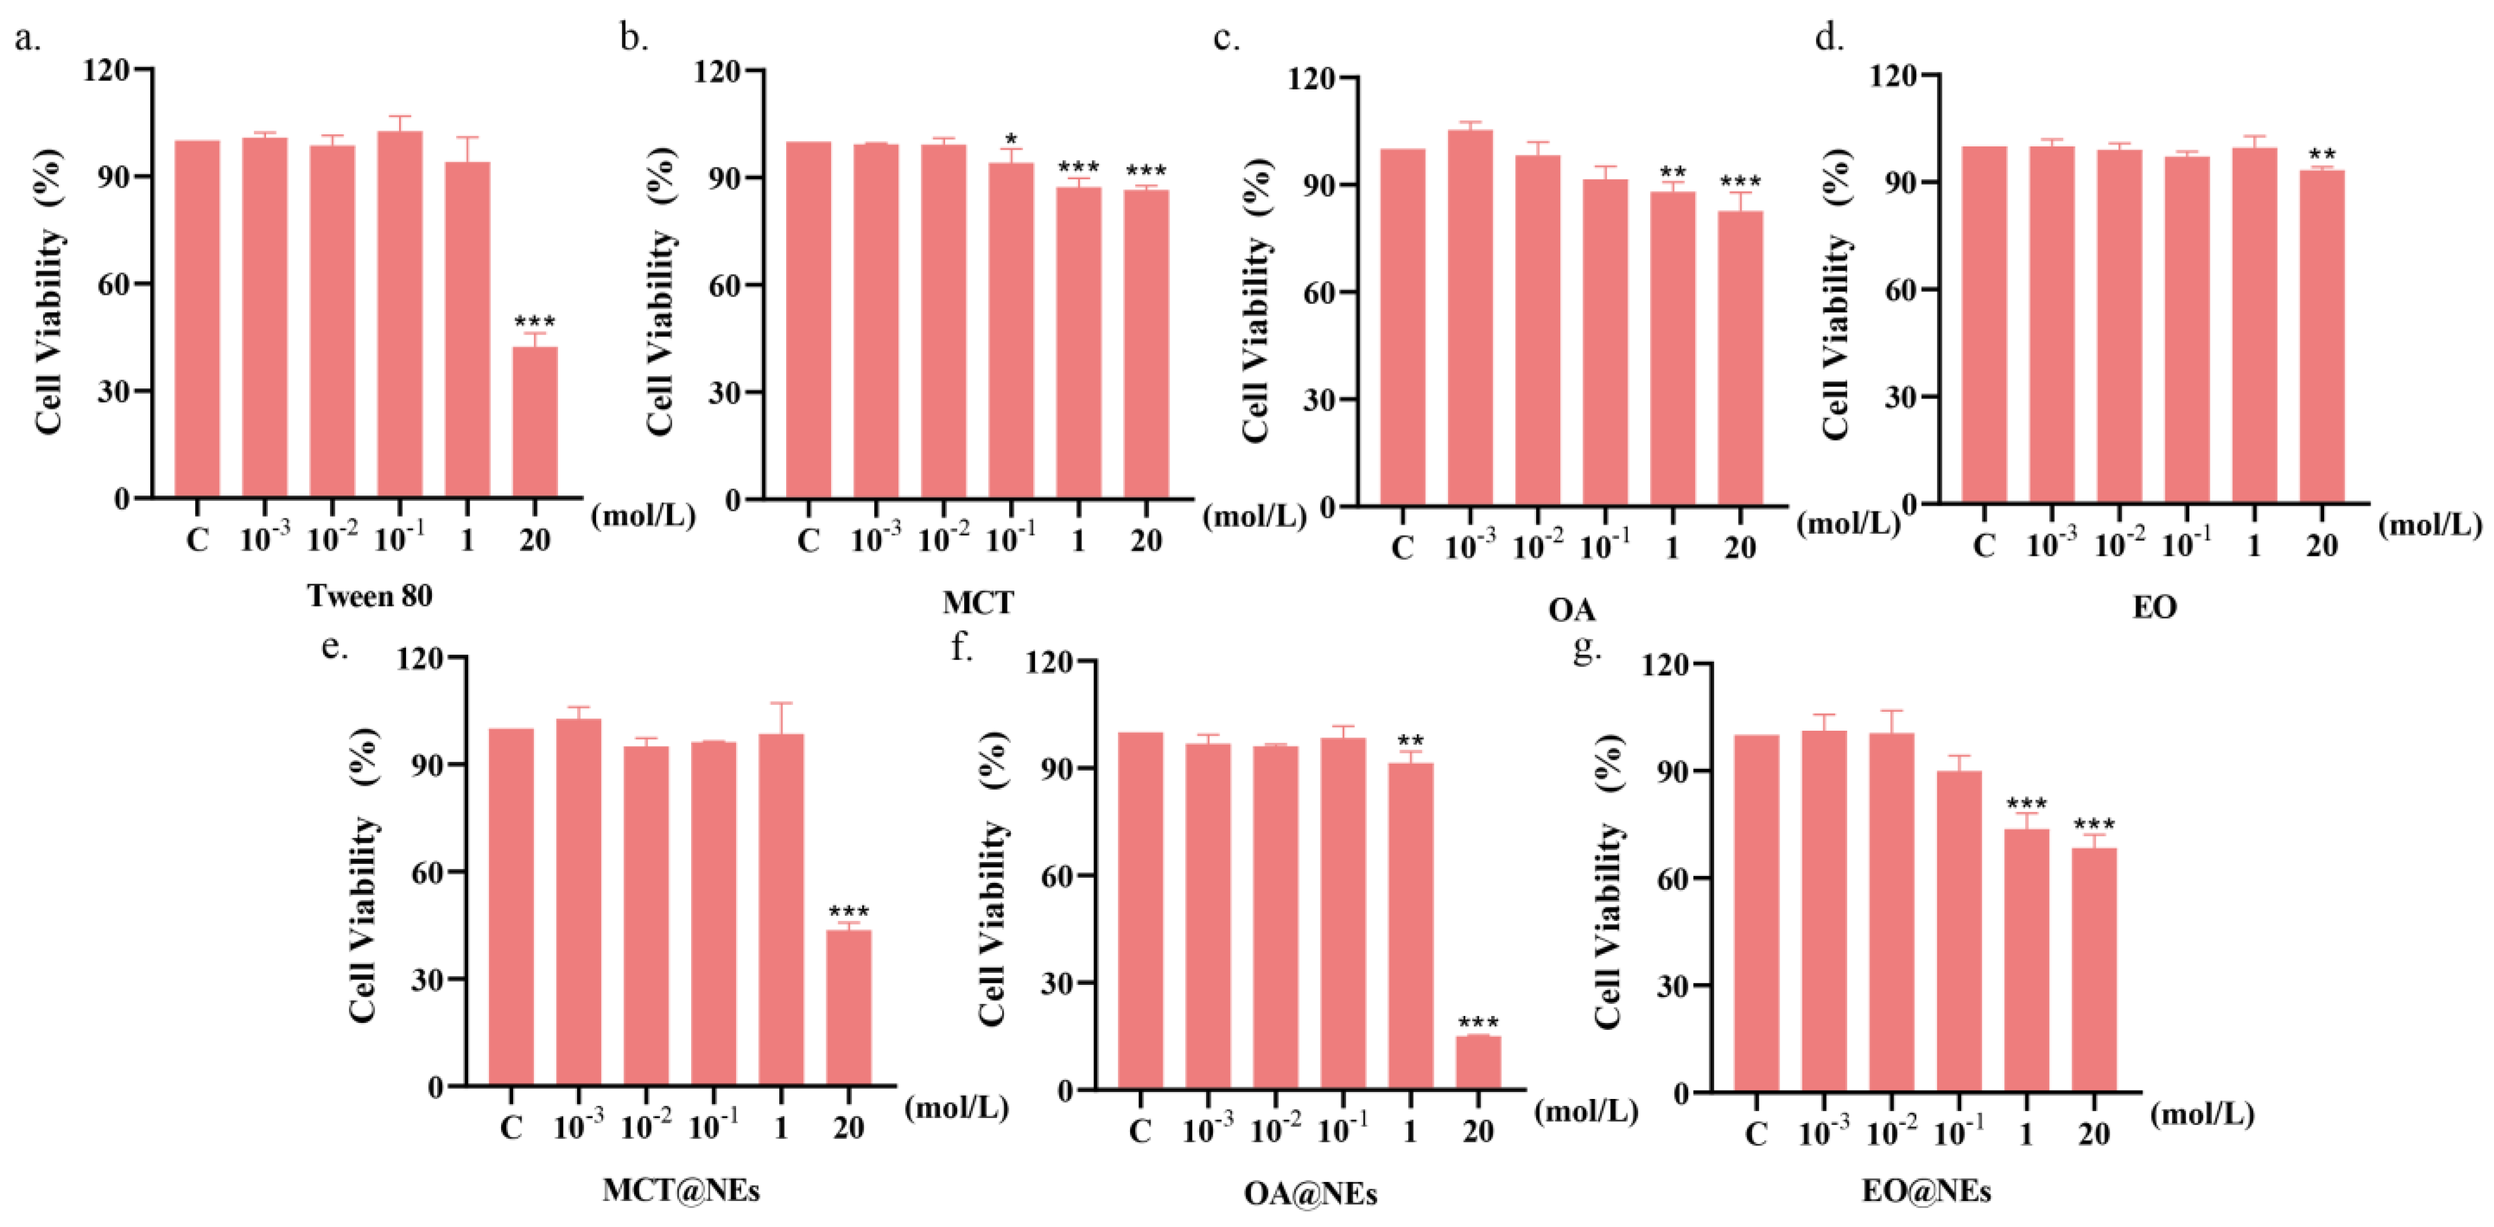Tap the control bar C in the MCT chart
808,319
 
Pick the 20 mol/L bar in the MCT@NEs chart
848,1007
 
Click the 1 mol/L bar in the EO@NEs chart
2026,959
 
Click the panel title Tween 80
370,596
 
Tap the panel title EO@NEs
1926,1191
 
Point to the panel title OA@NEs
1310,1194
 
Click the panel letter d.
1828,39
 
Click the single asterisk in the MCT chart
1011,139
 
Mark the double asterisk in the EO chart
2322,155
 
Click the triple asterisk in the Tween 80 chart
535,321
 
